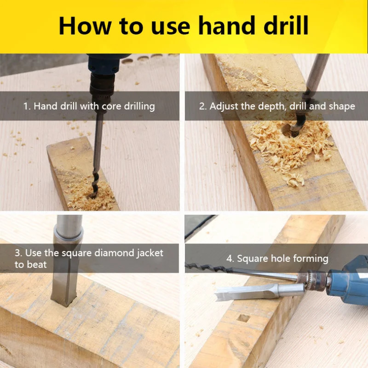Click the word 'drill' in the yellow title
tap(286, 25)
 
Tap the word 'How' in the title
tap(85, 26)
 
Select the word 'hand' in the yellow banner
tap(226, 25)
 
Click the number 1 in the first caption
tap(26, 106)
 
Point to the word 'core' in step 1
tap(111, 107)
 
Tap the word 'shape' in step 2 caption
tap(342, 107)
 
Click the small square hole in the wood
tap(243, 318)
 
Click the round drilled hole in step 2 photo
tap(290, 132)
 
